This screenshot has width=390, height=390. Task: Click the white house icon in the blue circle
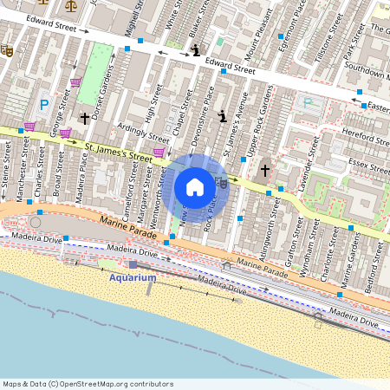coord(195,187)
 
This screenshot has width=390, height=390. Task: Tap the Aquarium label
coord(133,277)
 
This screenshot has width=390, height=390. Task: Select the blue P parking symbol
coord(44,105)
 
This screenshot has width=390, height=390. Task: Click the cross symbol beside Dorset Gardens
coord(84,117)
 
